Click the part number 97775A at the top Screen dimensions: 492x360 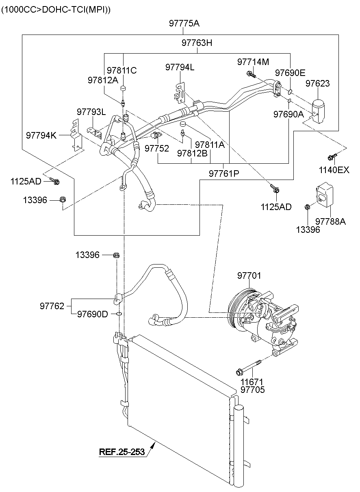(x=184, y=24)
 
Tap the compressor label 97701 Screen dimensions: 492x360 (x=249, y=276)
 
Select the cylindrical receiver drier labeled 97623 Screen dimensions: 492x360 (x=319, y=108)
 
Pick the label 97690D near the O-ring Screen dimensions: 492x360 (x=92, y=314)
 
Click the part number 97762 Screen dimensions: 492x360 (x=52, y=306)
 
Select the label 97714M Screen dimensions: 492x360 (x=253, y=62)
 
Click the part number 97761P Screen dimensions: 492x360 (x=224, y=173)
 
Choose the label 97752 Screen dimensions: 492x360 (x=156, y=149)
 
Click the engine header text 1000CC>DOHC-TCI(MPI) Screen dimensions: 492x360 (x=56, y=9)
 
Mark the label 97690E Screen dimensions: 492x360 (x=290, y=73)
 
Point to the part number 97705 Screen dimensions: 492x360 (x=252, y=390)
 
